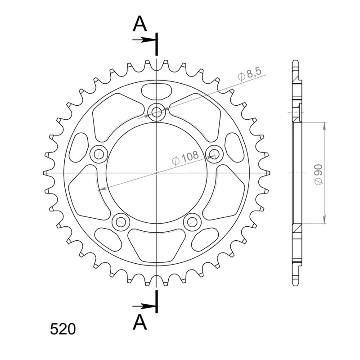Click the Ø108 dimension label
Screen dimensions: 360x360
(185, 158)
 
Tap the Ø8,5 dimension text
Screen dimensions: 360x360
(250, 74)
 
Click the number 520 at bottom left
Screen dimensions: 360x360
(63, 329)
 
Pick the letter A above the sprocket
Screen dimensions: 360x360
(139, 24)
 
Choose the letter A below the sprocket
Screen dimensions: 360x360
(139, 322)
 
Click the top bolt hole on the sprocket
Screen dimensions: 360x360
(157, 112)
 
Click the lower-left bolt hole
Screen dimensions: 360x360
(121, 222)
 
